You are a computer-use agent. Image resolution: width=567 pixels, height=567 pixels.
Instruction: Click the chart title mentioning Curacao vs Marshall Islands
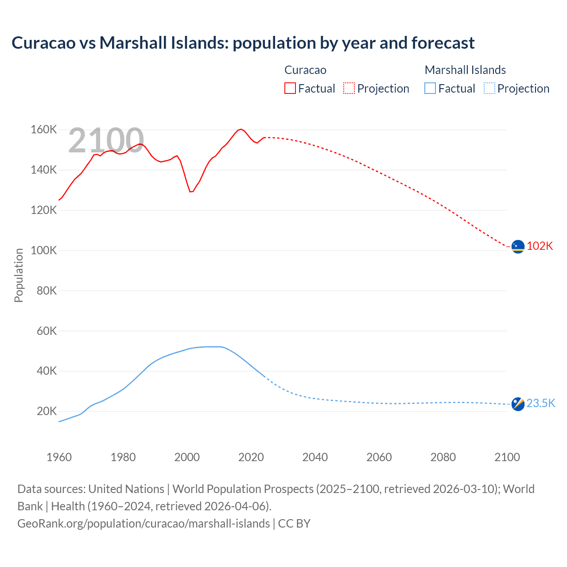243,43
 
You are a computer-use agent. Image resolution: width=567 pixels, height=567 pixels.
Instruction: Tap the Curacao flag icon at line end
518,246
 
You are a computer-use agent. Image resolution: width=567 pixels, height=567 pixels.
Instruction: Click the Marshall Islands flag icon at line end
518,404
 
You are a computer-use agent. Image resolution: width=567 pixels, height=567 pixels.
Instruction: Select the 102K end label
540,246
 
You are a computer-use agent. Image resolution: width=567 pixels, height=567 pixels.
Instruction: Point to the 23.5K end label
541,403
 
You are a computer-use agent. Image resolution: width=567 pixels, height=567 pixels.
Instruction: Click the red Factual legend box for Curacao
290,88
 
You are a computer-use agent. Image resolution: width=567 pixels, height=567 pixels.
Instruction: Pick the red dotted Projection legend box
349,88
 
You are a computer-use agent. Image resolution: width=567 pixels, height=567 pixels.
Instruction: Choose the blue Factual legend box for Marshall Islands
430,88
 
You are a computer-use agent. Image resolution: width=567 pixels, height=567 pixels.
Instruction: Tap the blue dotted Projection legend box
489,88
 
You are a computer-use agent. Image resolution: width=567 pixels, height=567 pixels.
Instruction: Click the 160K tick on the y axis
43,130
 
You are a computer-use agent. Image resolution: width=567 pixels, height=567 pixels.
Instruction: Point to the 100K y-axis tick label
43,251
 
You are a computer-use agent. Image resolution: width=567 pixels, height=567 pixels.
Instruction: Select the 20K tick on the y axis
47,412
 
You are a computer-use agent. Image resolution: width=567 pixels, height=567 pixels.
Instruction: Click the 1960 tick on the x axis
59,457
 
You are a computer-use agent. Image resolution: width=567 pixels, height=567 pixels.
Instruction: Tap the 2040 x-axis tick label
315,457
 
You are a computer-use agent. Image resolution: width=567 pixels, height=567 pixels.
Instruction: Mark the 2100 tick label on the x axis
507,457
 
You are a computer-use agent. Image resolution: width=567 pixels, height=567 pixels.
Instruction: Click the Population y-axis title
19,275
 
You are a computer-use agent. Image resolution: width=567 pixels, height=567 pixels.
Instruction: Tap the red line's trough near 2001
190,191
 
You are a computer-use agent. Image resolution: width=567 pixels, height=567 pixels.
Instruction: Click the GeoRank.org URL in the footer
144,524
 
